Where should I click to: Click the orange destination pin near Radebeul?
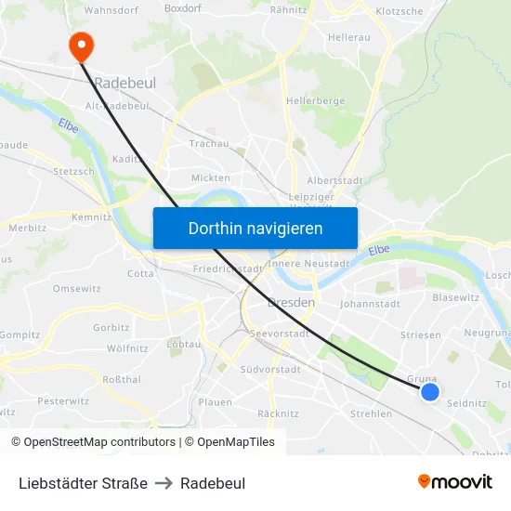pos(81,44)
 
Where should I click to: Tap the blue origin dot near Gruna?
pos(429,392)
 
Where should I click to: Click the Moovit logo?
pos(455,481)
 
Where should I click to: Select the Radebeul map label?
pos(124,83)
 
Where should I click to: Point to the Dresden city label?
pos(291,303)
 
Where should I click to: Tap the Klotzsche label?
pos(399,11)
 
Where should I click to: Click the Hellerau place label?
pos(349,39)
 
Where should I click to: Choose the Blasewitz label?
pos(455,297)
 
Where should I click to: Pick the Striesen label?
pos(420,334)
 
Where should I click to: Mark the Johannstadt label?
pos(370,303)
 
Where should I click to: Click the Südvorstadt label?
pos(269,369)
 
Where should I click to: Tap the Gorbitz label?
pos(111,328)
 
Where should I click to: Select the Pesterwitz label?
pos(63,401)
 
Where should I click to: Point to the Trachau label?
pos(208,143)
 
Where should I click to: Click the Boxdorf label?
pos(182,9)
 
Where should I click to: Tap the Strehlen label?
pos(371,413)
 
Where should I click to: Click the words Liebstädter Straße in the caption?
pos(83,483)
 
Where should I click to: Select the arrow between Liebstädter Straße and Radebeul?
pos(164,483)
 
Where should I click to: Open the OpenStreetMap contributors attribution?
pos(94,442)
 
